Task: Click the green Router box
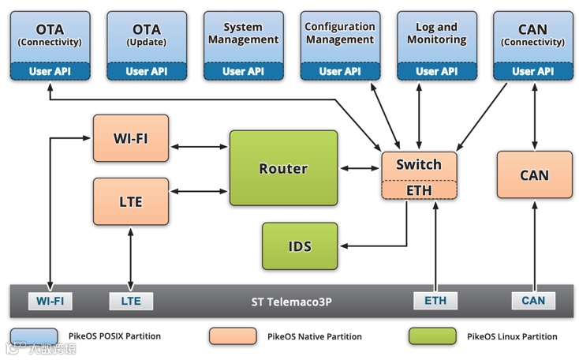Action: point(283,169)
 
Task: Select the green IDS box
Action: point(300,246)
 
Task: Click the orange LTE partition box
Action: point(131,201)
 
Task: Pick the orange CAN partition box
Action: point(534,174)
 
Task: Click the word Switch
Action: point(419,165)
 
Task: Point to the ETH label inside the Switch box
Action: point(419,190)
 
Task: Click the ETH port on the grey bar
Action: point(435,300)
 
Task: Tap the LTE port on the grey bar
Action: point(131,300)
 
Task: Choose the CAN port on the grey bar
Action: point(533,300)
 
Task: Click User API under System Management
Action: point(244,71)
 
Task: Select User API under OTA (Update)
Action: point(147,71)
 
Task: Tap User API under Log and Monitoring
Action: point(437,71)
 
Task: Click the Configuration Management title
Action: point(340,33)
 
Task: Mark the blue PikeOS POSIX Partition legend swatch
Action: point(34,336)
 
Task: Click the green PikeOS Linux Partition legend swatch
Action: point(432,336)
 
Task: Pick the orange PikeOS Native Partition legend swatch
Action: point(233,336)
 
